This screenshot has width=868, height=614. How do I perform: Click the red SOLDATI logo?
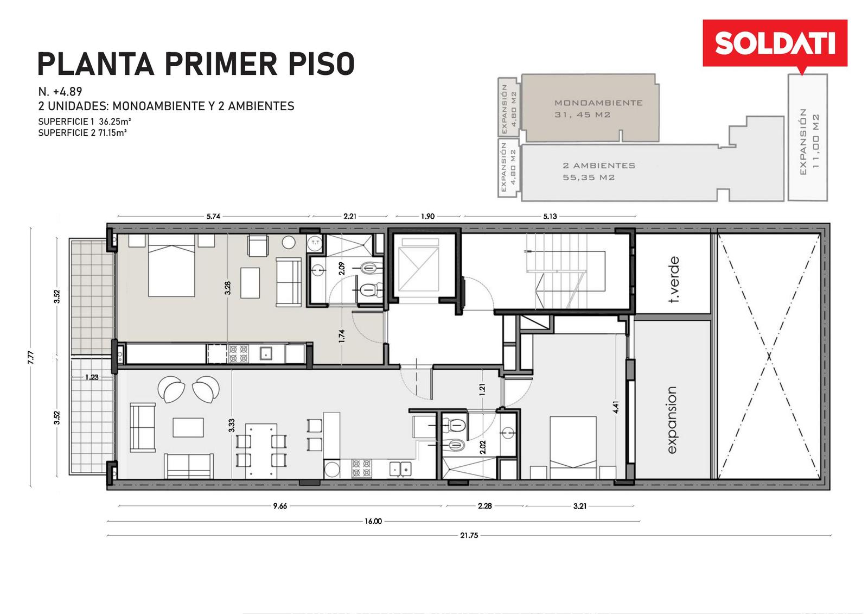(775, 43)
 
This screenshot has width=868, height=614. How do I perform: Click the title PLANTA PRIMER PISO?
(196, 64)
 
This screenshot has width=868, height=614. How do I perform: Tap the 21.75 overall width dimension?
(469, 536)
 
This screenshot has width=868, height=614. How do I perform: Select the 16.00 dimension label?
(373, 521)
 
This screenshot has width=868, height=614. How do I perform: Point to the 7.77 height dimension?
(31, 357)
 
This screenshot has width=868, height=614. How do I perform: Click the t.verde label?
(674, 279)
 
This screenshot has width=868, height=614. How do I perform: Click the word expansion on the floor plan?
(672, 420)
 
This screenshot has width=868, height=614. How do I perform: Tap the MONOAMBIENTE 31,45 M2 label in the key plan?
(598, 109)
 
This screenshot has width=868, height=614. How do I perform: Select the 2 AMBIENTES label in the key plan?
(599, 166)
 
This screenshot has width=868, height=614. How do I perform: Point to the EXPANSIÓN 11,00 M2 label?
(809, 142)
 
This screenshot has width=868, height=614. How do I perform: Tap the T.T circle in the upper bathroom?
(315, 243)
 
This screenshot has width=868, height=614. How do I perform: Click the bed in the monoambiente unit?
(171, 265)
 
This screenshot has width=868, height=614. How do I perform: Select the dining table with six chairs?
(261, 451)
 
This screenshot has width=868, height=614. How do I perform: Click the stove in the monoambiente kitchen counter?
(238, 353)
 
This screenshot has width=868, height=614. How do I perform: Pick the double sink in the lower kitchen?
(400, 469)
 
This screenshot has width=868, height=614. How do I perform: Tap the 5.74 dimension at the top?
(213, 217)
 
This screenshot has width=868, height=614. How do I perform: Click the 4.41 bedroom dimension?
(616, 407)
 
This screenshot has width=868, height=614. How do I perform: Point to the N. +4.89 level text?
(60, 92)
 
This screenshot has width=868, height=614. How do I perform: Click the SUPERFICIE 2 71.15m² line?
(82, 133)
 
